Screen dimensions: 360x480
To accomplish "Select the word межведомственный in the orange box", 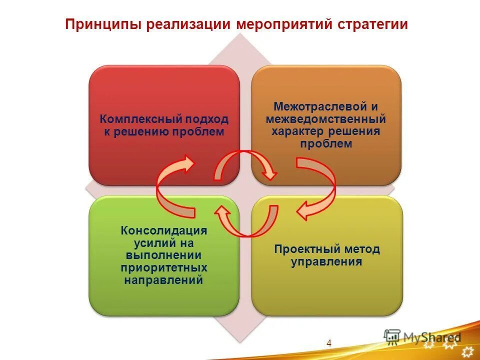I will pyautogui.click(x=326, y=119).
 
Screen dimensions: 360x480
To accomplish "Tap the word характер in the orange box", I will pyautogui.click(x=298, y=131).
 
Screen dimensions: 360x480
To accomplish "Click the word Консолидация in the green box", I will pyautogui.click(x=163, y=231).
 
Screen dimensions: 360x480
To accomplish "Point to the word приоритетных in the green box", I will pyautogui.click(x=163, y=267).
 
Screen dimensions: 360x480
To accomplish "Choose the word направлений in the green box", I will pyautogui.click(x=163, y=279).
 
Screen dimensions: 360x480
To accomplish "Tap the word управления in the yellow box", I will pyautogui.click(x=326, y=261).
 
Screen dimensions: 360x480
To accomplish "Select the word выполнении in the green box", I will pyautogui.click(x=163, y=255).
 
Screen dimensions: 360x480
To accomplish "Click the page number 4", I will pyautogui.click(x=328, y=342).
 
